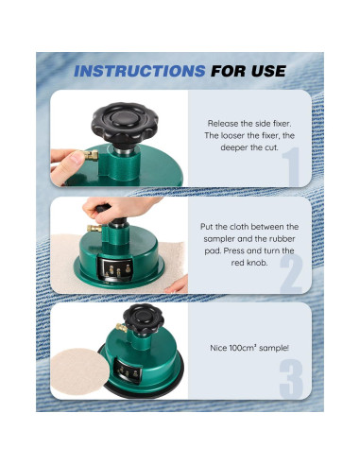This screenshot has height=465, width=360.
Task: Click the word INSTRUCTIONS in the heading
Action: (x=140, y=71)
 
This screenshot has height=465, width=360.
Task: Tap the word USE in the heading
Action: (x=268, y=71)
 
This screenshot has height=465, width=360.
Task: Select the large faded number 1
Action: (x=291, y=166)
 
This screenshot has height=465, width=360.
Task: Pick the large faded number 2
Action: (x=291, y=274)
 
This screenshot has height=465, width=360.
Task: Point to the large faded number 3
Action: (x=291, y=379)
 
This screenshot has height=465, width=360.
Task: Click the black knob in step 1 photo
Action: (x=125, y=123)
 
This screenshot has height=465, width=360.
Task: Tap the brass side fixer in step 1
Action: (x=91, y=155)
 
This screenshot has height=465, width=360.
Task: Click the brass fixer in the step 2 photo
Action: (x=94, y=228)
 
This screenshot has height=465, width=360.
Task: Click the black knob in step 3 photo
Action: (x=144, y=319)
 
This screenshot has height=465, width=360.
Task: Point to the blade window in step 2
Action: (x=115, y=268)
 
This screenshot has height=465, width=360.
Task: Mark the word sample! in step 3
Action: (x=274, y=349)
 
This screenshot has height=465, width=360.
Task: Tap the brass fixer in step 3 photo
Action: (x=122, y=328)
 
